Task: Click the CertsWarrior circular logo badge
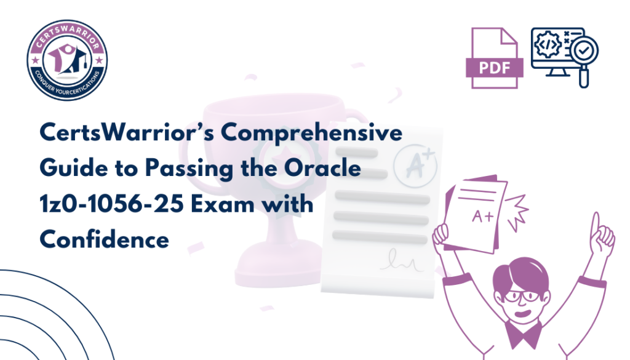pos(67,60)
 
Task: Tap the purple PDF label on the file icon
pos(495,68)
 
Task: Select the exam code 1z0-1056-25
pos(112,204)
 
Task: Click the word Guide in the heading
pos(74,167)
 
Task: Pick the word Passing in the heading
pos(189,169)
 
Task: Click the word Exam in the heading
pos(223,204)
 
